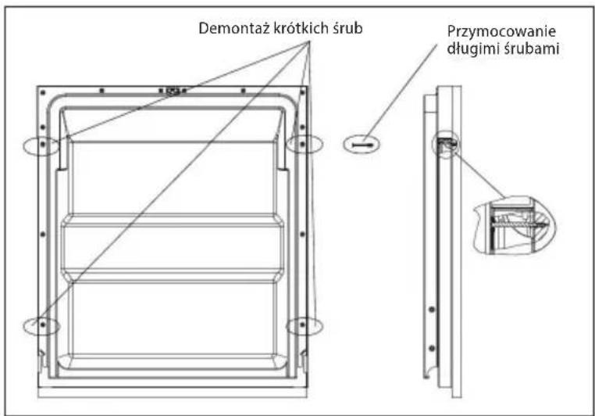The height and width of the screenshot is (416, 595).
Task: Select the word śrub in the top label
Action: [x=348, y=28]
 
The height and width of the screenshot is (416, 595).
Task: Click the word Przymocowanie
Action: [x=501, y=32]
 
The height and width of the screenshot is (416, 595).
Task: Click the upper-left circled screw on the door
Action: [x=43, y=144]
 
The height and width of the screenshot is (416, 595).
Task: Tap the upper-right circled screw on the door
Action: [x=302, y=145]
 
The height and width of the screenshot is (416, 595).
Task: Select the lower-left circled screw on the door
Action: [x=42, y=325]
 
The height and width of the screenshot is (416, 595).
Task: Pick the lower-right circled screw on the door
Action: [x=302, y=325]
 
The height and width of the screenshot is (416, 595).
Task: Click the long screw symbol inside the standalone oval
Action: [x=362, y=145]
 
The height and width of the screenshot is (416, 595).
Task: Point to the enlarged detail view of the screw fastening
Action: [x=515, y=225]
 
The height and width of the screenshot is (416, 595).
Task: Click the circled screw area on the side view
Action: [x=445, y=145]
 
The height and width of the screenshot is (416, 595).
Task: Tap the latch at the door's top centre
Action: [x=173, y=91]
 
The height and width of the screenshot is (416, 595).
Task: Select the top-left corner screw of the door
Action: [x=43, y=92]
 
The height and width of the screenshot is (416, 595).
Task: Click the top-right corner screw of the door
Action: [x=302, y=92]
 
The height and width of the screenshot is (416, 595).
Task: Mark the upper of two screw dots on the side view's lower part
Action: [x=432, y=309]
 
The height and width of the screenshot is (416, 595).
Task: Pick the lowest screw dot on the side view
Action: [x=432, y=348]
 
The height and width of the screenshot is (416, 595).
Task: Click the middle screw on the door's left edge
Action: [x=42, y=235]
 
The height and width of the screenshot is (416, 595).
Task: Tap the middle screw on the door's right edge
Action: [x=302, y=235]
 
